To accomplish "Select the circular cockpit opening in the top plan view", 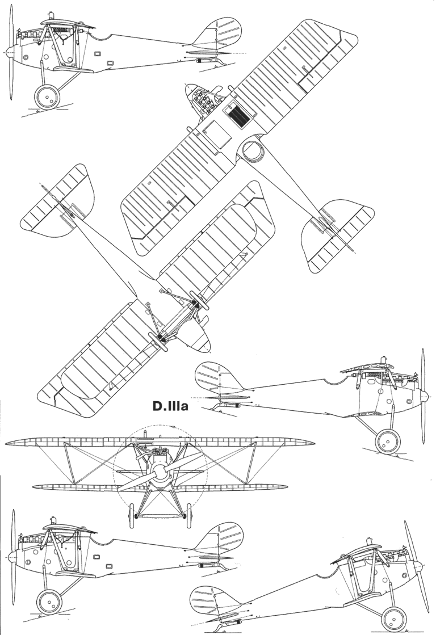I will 252,151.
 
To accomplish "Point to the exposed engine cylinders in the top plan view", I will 201,103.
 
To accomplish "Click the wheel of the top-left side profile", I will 48,97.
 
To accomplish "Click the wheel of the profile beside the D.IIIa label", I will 387,443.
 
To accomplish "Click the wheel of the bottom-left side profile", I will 49,601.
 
